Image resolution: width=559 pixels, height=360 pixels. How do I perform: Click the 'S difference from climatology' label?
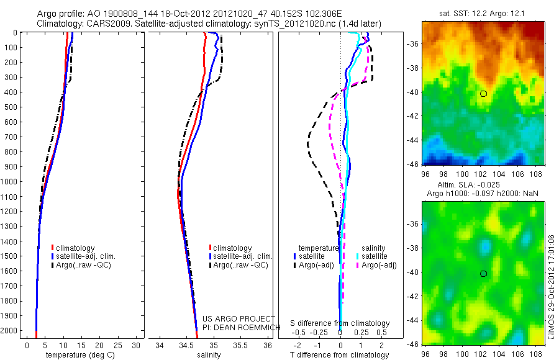pos(340,323)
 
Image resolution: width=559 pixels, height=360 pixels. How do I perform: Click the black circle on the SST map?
pos(483,94)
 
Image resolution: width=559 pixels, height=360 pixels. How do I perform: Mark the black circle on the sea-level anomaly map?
pos(483,274)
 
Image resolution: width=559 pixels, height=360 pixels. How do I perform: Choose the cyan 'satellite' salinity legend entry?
pos(375,256)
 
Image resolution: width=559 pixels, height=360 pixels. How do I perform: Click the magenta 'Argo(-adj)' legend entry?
pos(379,265)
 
